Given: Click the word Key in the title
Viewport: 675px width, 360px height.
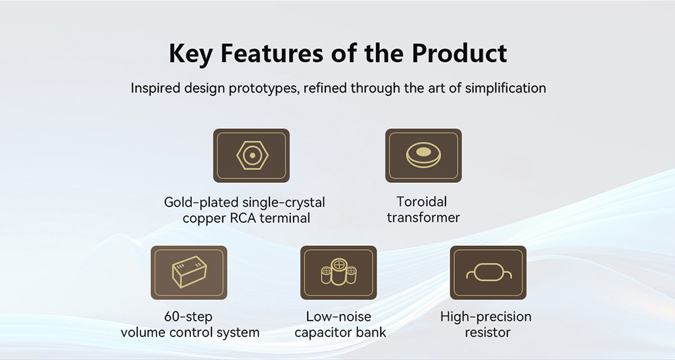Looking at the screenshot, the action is (190, 54).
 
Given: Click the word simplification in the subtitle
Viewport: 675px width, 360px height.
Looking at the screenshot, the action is (506, 88).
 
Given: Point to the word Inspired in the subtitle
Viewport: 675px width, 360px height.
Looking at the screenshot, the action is (155, 88).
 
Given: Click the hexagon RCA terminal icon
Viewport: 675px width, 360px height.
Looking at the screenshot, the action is (252, 155).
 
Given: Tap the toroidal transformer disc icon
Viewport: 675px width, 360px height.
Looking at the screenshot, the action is (424, 155).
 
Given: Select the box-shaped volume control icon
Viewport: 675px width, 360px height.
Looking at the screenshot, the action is (189, 272).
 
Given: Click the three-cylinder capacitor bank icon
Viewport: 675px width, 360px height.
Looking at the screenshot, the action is (339, 272).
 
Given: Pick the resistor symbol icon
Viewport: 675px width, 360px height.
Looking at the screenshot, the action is (488, 272).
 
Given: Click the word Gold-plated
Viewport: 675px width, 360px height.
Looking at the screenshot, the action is (201, 203).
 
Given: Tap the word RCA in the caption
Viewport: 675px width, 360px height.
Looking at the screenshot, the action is (243, 218).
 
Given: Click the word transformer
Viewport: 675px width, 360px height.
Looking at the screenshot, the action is (423, 217).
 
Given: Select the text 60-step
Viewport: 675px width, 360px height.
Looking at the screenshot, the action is (188, 317).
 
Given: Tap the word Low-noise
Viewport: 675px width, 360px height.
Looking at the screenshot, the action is (338, 317).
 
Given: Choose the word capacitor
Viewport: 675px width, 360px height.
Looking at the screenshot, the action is (324, 333).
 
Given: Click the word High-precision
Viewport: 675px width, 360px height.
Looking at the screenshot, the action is (485, 317).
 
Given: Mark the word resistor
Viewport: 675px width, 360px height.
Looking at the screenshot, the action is (487, 332).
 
